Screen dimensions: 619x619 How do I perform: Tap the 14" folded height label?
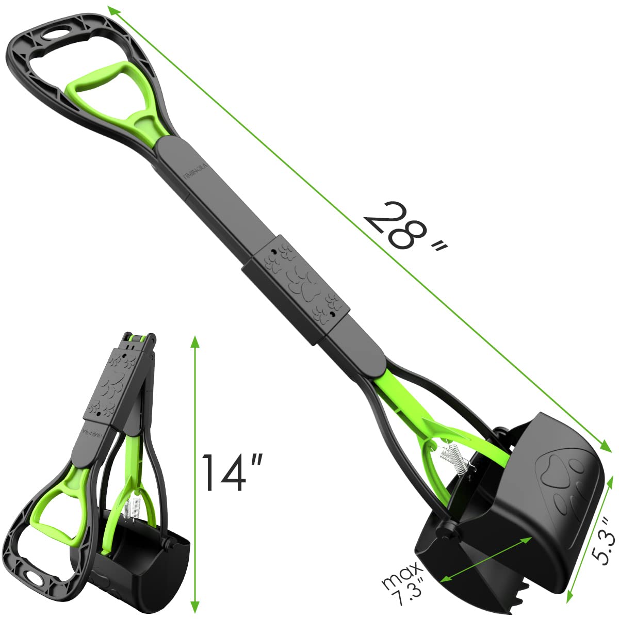tap(231, 472)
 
